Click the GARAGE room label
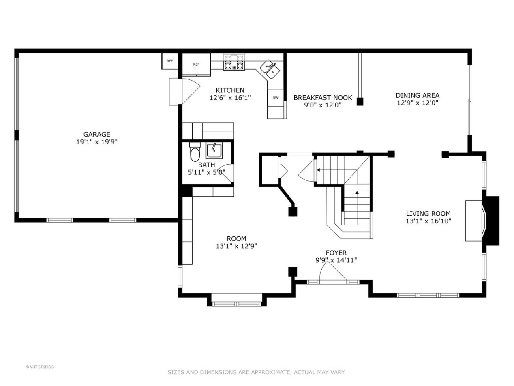[97, 134]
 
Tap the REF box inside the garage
[170, 61]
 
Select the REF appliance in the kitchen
[196, 64]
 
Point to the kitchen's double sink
[270, 69]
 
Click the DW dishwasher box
[275, 98]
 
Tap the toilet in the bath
[195, 152]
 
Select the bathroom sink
[214, 151]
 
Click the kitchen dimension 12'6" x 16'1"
[230, 98]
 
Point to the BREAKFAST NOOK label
[323, 97]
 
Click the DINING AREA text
[418, 95]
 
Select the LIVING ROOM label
[428, 214]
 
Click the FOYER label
[336, 253]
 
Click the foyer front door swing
[333, 271]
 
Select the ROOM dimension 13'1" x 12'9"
[236, 246]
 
